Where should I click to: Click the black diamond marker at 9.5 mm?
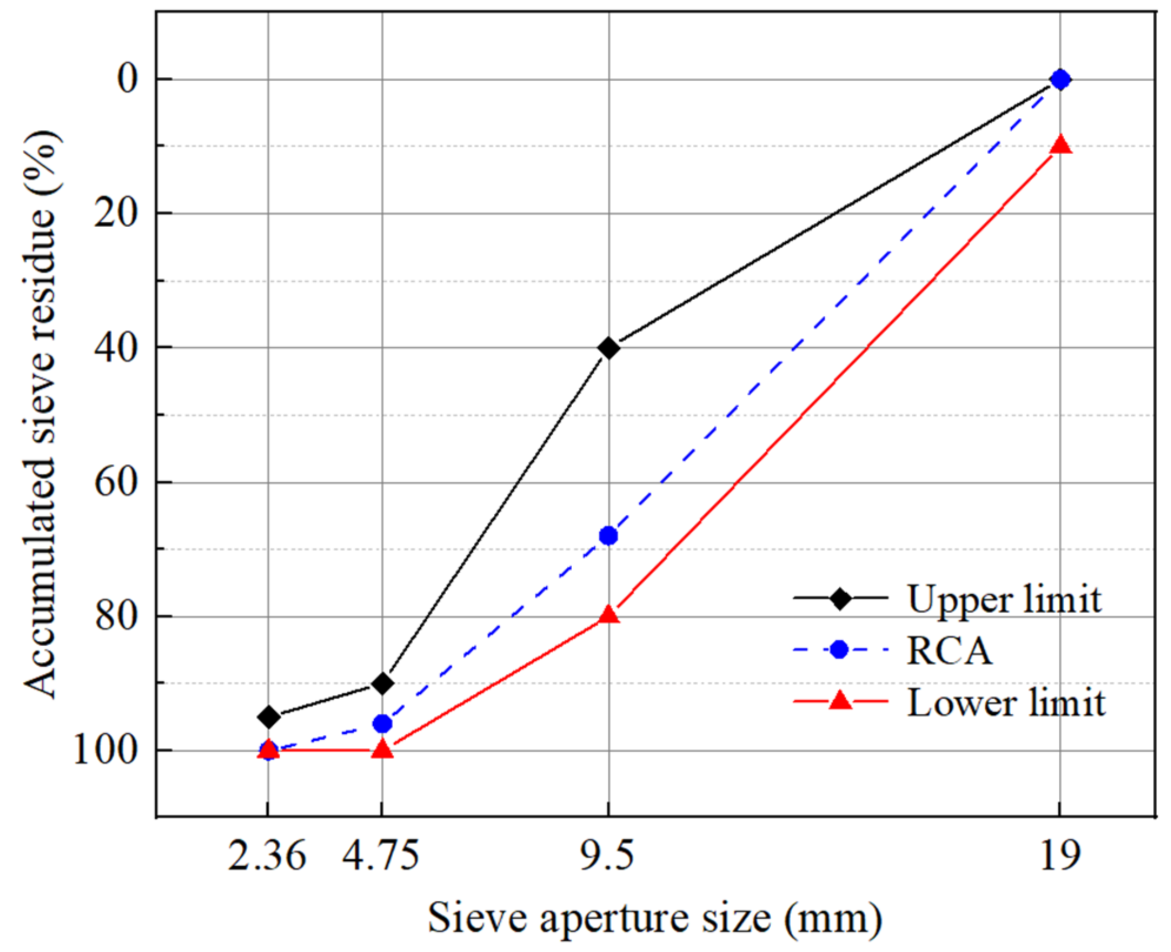click(x=609, y=348)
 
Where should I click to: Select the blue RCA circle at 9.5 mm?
click(x=609, y=535)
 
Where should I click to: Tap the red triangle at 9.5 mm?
click(x=609, y=614)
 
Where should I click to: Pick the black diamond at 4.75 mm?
click(x=383, y=683)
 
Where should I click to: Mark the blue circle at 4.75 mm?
click(x=383, y=723)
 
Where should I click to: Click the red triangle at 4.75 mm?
click(x=383, y=750)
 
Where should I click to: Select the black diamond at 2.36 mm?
click(x=269, y=717)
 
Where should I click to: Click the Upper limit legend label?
click(x=1004, y=599)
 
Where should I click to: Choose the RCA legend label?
click(x=949, y=651)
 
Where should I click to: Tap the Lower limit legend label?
click(x=1006, y=703)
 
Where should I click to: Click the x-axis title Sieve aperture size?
click(x=655, y=918)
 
